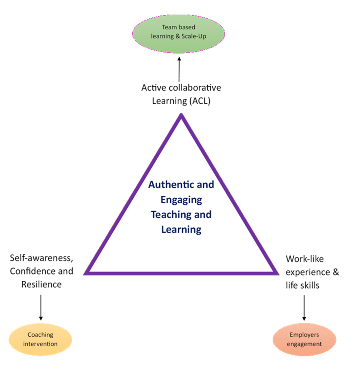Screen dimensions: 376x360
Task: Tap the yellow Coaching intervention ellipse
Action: [40, 339]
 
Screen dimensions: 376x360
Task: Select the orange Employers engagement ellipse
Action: [304, 339]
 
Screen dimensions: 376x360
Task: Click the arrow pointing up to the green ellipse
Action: [179, 68]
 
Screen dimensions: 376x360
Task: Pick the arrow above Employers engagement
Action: [304, 307]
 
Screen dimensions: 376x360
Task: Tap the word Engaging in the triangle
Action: [181, 199]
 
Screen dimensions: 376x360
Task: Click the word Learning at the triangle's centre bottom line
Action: [181, 229]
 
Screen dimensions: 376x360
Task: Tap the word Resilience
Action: [42, 284]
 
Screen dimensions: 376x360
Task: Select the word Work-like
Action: [305, 259]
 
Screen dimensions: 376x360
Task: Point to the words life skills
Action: [305, 285]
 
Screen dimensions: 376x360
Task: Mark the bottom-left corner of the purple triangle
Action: [85, 273]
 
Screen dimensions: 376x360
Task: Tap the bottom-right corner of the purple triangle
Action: [276, 273]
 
